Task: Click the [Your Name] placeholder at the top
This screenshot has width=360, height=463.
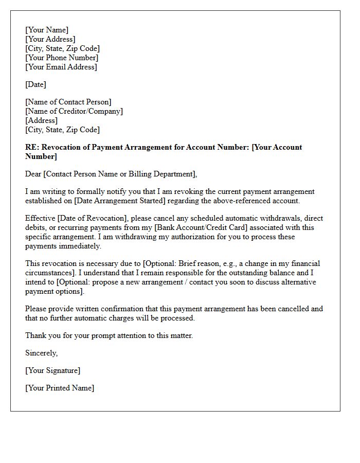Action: point(47,30)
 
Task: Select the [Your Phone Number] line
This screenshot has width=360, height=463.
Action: point(62,58)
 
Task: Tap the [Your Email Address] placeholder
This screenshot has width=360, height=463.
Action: point(61,67)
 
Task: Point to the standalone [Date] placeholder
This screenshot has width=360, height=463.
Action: point(36,84)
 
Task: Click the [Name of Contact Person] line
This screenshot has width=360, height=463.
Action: point(68,102)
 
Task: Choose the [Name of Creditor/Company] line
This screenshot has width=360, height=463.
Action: point(74,111)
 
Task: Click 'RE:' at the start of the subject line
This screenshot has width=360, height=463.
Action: point(32,147)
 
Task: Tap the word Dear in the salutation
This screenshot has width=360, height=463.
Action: point(33,174)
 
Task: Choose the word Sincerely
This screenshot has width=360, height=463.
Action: point(42,353)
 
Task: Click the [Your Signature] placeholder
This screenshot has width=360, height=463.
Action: point(53,370)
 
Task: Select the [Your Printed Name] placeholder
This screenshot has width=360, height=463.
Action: point(60,388)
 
